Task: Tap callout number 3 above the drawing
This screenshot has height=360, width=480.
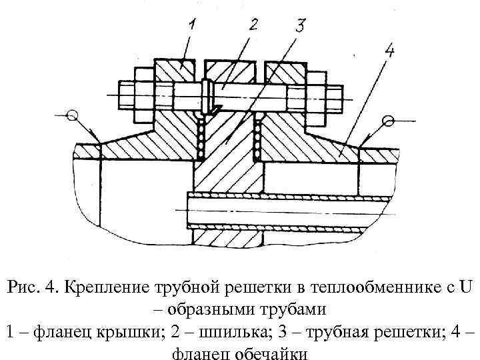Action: pyautogui.click(x=300, y=26)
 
